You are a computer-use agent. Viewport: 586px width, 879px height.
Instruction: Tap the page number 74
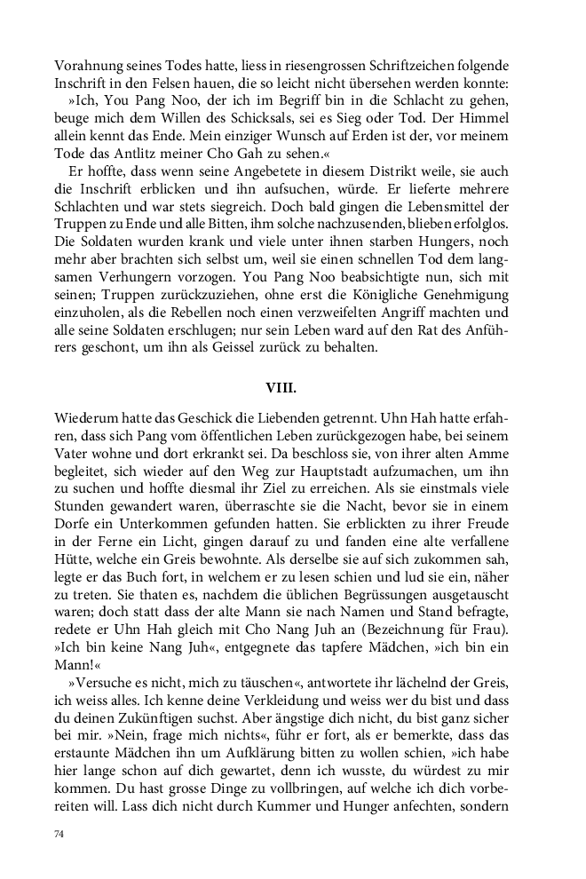click(60, 835)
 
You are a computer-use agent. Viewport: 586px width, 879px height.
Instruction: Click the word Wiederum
click(86, 418)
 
